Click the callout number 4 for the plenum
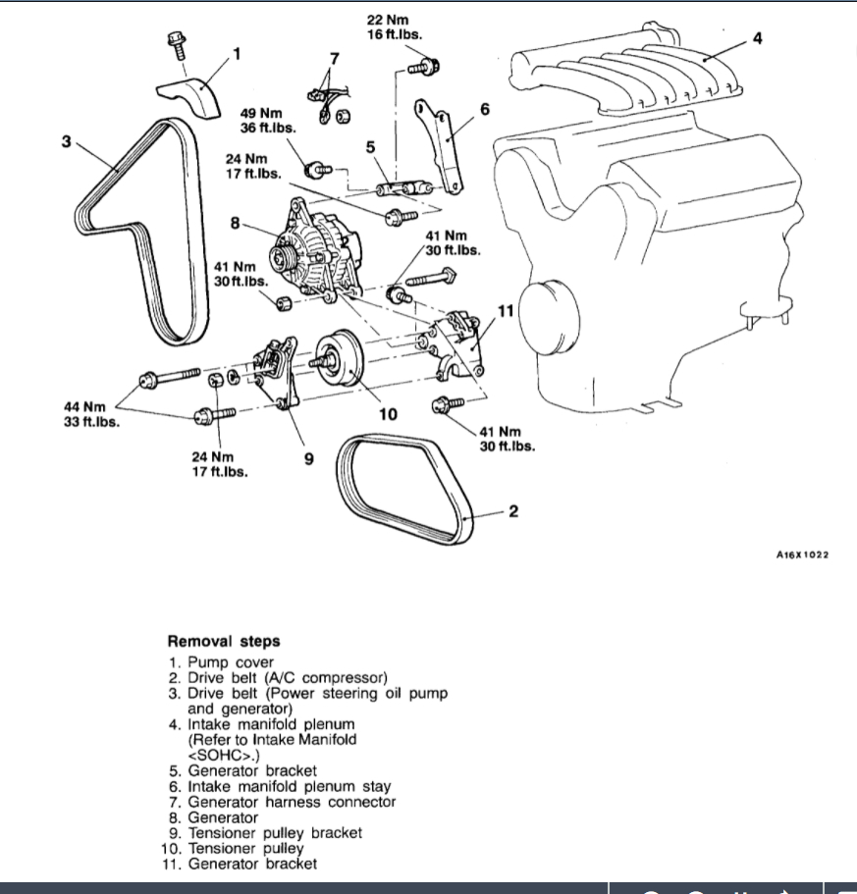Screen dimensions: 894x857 (756, 38)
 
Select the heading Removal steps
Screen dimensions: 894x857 (223, 642)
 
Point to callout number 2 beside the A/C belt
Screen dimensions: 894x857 (512, 510)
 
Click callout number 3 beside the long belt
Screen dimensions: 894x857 (66, 141)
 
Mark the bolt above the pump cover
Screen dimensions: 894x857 (178, 44)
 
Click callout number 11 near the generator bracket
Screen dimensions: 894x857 (506, 311)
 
